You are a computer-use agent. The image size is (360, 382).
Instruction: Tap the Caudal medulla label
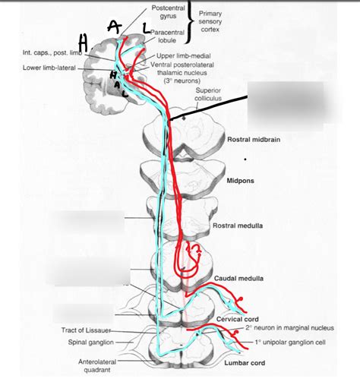(x=239, y=279)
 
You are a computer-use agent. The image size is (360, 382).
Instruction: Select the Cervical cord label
(x=238, y=319)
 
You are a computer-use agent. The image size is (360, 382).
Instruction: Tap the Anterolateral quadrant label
(x=96, y=366)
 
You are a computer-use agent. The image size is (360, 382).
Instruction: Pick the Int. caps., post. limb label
(x=51, y=52)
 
